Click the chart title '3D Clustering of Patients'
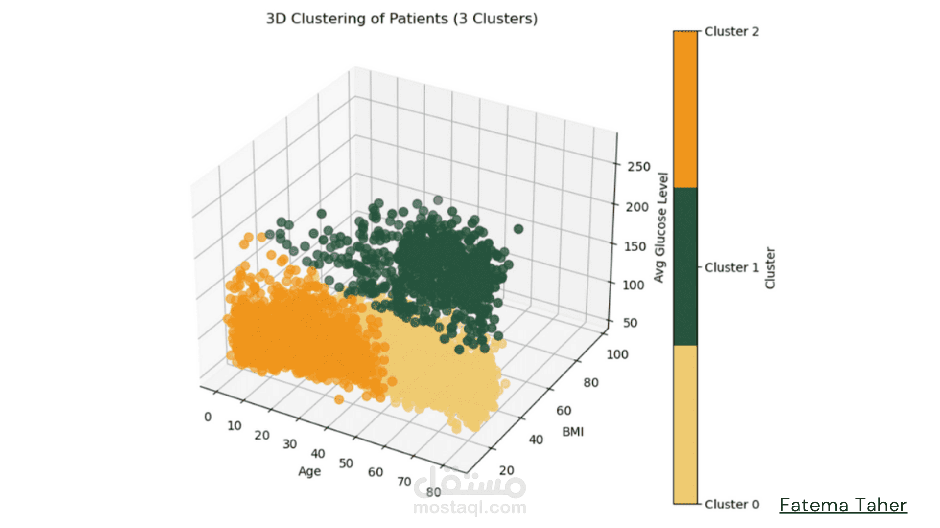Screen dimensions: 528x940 click(401, 19)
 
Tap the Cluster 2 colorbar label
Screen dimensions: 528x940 click(731, 32)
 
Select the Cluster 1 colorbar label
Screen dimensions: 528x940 click(731, 267)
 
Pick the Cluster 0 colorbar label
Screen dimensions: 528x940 click(731, 505)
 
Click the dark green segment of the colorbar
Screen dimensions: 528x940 click(685, 266)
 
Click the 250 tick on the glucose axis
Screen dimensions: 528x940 click(639, 167)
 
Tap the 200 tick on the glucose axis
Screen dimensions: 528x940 click(637, 207)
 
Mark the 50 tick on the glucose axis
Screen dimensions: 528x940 click(630, 323)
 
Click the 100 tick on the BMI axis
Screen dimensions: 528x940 click(617, 354)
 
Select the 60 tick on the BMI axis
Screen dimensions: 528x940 click(564, 411)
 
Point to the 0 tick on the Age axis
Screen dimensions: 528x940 click(208, 417)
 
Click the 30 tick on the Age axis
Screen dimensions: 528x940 click(289, 444)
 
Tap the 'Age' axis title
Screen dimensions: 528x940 click(309, 471)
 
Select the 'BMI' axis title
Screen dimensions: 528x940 click(573, 432)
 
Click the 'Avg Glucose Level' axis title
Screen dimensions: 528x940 click(661, 227)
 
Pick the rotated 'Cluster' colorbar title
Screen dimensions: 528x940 click(770, 268)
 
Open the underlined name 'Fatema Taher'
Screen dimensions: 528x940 click(843, 506)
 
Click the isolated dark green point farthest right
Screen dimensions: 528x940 click(518, 229)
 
